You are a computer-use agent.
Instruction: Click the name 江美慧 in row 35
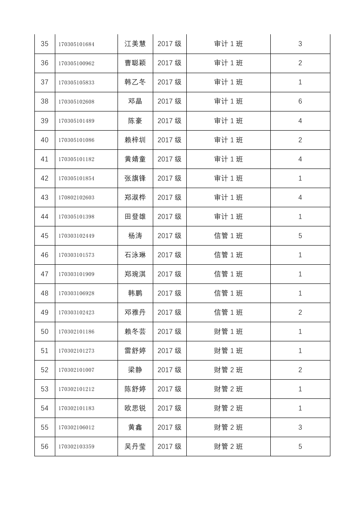(135, 44)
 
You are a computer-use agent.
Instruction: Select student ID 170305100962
(76, 64)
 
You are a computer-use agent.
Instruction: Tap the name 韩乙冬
(135, 82)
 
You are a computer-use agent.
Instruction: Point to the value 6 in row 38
(300, 101)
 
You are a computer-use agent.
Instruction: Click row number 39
(44, 121)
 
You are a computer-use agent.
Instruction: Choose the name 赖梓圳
(135, 140)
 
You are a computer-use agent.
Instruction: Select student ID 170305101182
(76, 159)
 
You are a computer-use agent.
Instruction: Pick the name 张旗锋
(135, 179)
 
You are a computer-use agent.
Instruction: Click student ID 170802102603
(76, 198)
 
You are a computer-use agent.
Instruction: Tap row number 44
(44, 217)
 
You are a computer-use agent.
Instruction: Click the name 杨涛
(135, 236)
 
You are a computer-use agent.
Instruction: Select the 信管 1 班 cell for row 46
(228, 255)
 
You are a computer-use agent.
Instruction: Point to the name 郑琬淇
(135, 274)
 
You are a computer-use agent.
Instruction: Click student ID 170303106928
(76, 293)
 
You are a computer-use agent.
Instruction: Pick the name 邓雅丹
(135, 313)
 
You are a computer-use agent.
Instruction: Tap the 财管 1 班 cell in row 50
(228, 332)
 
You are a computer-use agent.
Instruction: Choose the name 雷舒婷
(135, 351)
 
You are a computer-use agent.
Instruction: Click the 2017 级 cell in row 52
(169, 370)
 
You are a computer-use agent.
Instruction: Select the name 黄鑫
(135, 428)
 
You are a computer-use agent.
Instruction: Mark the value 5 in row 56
(300, 447)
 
